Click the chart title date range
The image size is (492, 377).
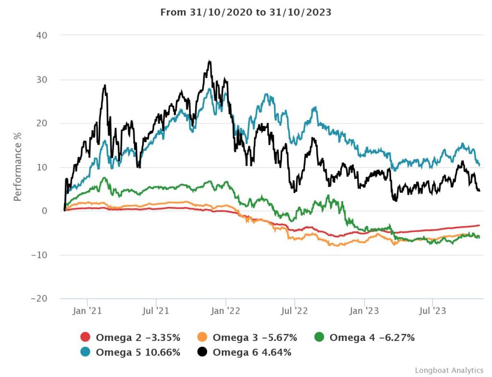click(x=246, y=12)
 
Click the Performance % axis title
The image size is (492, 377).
click(x=17, y=167)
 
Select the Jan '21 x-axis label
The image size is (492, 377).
click(x=88, y=311)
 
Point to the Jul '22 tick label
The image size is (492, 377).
click(x=295, y=311)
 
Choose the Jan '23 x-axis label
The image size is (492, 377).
click(x=364, y=311)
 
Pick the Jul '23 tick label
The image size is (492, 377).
click(x=432, y=311)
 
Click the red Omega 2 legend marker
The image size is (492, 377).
click(x=86, y=338)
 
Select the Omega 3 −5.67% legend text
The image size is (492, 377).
click(x=255, y=338)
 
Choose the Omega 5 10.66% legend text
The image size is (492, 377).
click(x=138, y=352)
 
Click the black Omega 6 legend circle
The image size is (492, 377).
click(x=202, y=352)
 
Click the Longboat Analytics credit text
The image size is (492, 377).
click(x=449, y=370)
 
